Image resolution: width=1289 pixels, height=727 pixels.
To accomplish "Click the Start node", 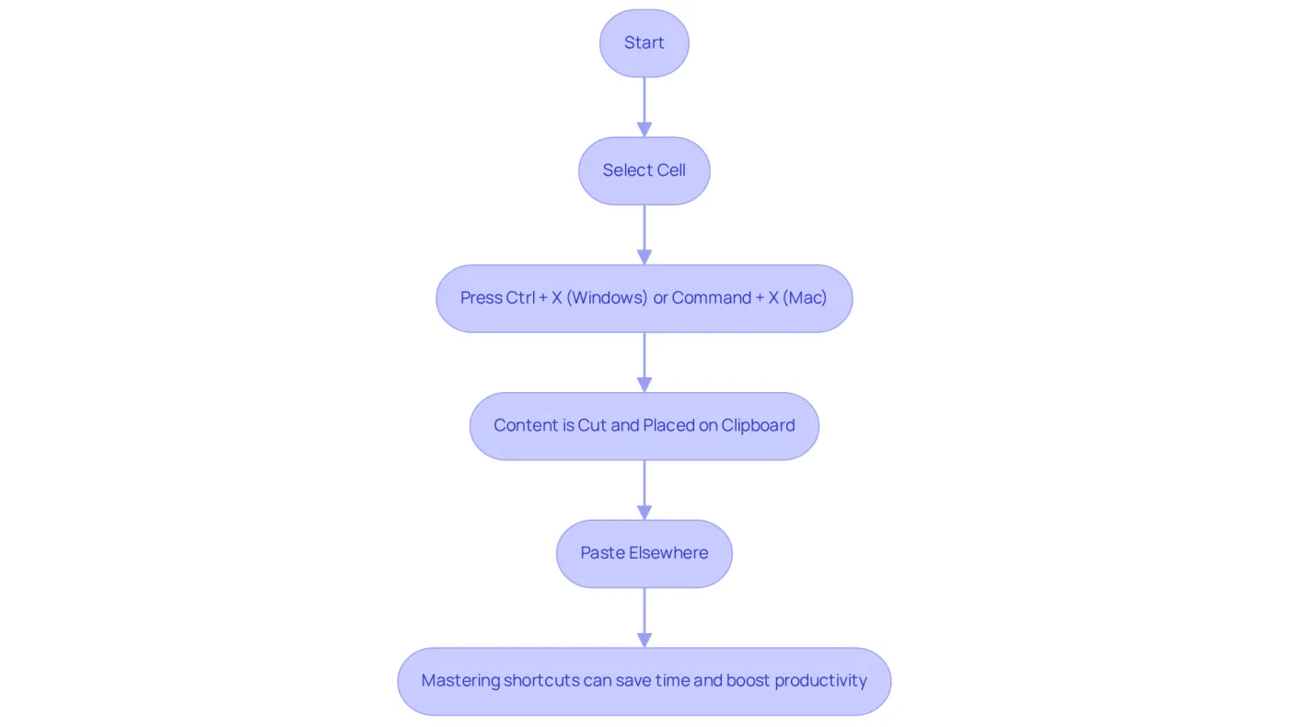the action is tap(644, 43).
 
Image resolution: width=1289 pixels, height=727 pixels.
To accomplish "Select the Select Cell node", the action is tap(644, 171).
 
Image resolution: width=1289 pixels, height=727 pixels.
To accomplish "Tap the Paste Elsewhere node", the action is tap(644, 554).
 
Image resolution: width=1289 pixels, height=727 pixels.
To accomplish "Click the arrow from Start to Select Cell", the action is tap(644, 107).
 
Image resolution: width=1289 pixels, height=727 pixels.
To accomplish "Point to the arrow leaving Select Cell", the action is tap(644, 235).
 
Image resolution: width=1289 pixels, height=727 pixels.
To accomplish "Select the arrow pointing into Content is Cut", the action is tap(644, 363).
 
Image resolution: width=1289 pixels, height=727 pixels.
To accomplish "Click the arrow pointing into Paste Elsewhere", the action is tap(644, 490).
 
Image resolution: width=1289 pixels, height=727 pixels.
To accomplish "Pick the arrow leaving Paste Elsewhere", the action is tap(644, 617).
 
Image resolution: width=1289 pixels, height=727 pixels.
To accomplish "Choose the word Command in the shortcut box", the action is tap(711, 297).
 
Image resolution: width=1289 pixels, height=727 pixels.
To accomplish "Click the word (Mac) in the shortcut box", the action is tap(805, 298).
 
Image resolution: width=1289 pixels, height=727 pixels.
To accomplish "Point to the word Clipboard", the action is tap(758, 425).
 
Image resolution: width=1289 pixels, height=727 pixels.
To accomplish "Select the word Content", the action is tap(526, 425).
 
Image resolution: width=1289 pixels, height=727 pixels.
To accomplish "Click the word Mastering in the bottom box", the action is tap(460, 681).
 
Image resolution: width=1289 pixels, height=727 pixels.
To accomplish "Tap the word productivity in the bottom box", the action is tap(820, 681).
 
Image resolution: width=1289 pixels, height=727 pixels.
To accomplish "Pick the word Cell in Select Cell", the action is tap(671, 169).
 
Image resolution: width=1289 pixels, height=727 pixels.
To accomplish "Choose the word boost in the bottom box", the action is tap(748, 680).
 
